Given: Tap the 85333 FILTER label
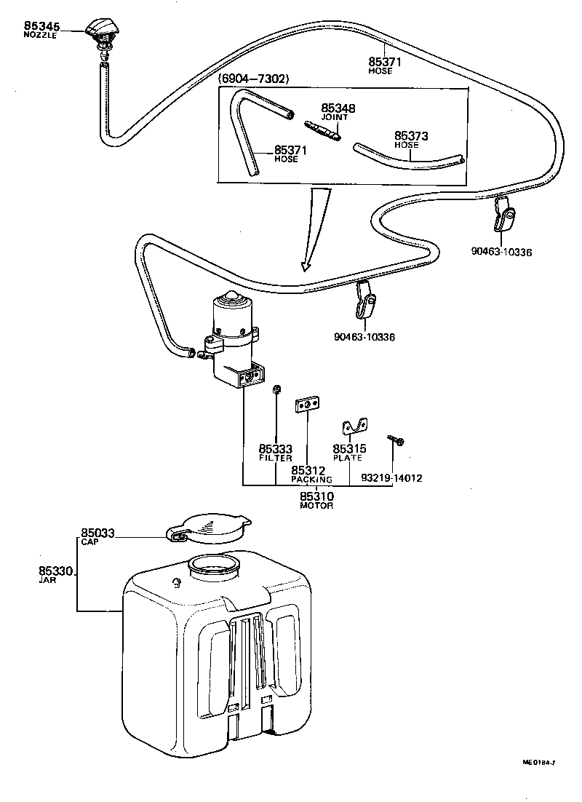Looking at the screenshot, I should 275,453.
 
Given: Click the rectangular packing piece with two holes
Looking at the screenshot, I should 307,405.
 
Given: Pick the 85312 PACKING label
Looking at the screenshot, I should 311,475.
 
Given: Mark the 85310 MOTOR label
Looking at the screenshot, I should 316,499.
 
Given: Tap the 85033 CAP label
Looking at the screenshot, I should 97,536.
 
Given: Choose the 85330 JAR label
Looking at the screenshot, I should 55,576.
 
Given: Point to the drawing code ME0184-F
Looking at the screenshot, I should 538,763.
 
